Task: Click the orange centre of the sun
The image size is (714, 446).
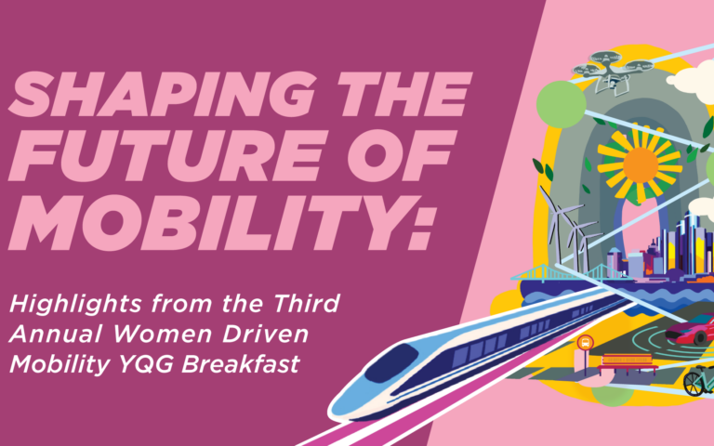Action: [641, 163]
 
